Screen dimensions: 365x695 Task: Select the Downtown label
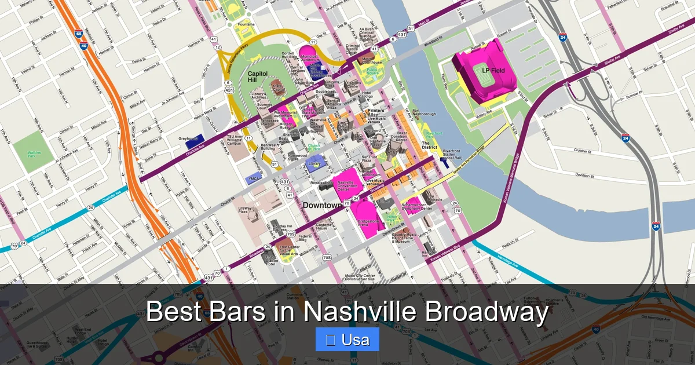point(322,205)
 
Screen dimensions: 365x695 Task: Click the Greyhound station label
point(188,138)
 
